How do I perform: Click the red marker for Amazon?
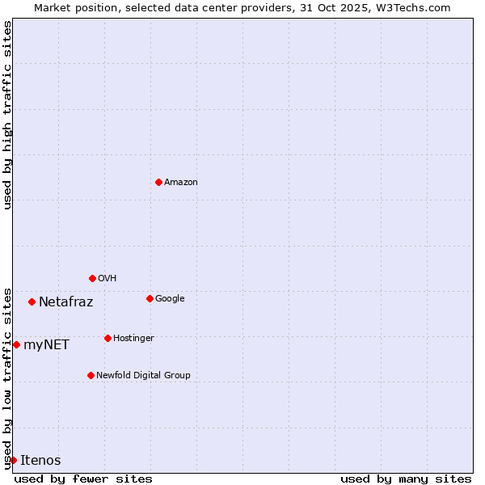pos(158,182)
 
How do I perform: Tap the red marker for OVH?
pos(92,278)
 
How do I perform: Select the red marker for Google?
pos(150,298)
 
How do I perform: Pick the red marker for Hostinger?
pos(108,338)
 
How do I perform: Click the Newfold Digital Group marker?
pos(91,375)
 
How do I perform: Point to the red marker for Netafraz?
pos(32,302)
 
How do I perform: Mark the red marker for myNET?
pos(16,344)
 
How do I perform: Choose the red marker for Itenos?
pos(13,460)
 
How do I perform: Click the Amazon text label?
pos(181,183)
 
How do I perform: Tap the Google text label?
pos(170,299)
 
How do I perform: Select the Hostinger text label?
pos(133,339)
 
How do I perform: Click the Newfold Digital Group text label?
pos(143,376)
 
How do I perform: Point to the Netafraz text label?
pos(65,302)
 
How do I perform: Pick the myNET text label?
pos(46,345)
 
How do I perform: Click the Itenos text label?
pos(40,461)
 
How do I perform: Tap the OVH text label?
pos(107,279)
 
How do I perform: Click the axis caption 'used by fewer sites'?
pos(83,479)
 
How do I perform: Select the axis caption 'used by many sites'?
pos(406,479)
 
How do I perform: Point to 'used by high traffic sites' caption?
pos(7,115)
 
